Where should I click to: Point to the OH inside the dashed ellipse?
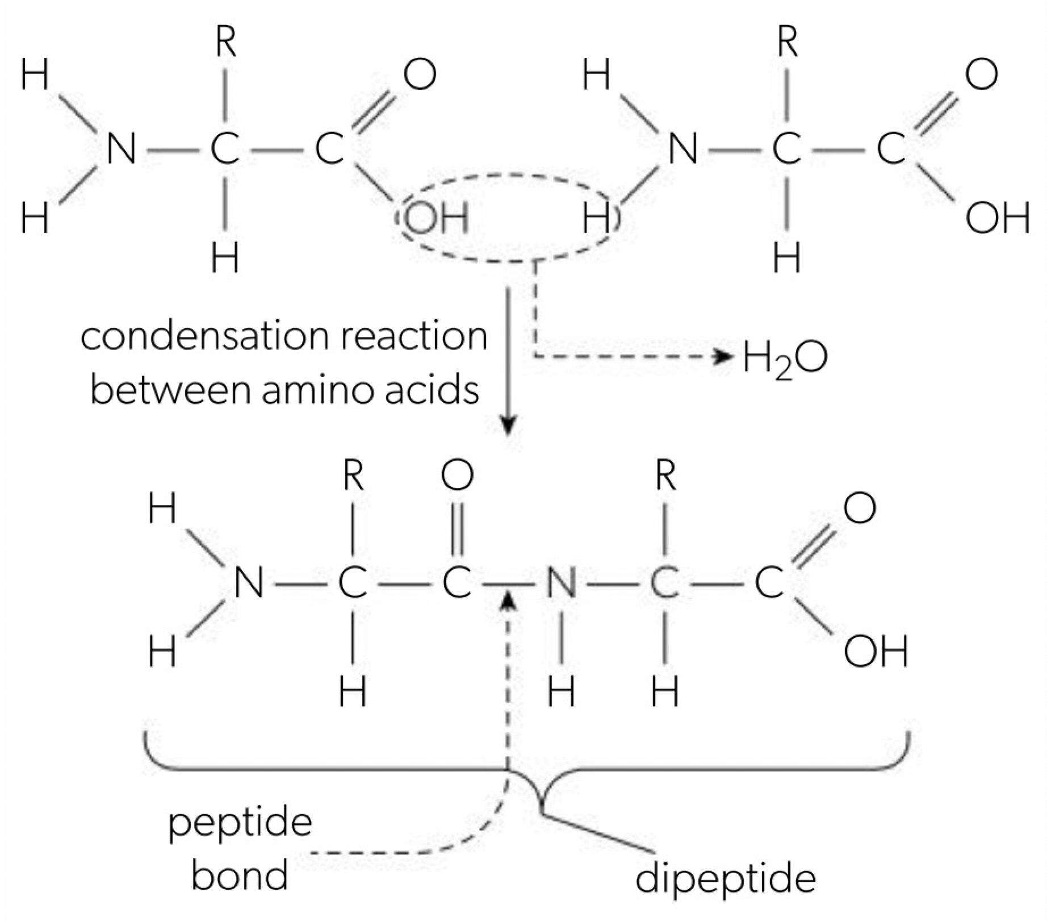pyautogui.click(x=435, y=218)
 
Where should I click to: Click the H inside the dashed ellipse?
pyautogui.click(x=597, y=219)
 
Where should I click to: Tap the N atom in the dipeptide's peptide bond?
pyautogui.click(x=561, y=583)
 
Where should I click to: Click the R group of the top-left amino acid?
pyautogui.click(x=226, y=43)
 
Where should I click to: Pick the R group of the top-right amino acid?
pyautogui.click(x=787, y=43)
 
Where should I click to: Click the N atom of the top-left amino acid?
pyautogui.click(x=121, y=149)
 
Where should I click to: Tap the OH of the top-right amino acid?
pyautogui.click(x=998, y=219)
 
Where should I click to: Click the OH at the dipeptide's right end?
pyautogui.click(x=876, y=652)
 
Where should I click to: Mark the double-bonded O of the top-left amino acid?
pyautogui.click(x=420, y=75)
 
